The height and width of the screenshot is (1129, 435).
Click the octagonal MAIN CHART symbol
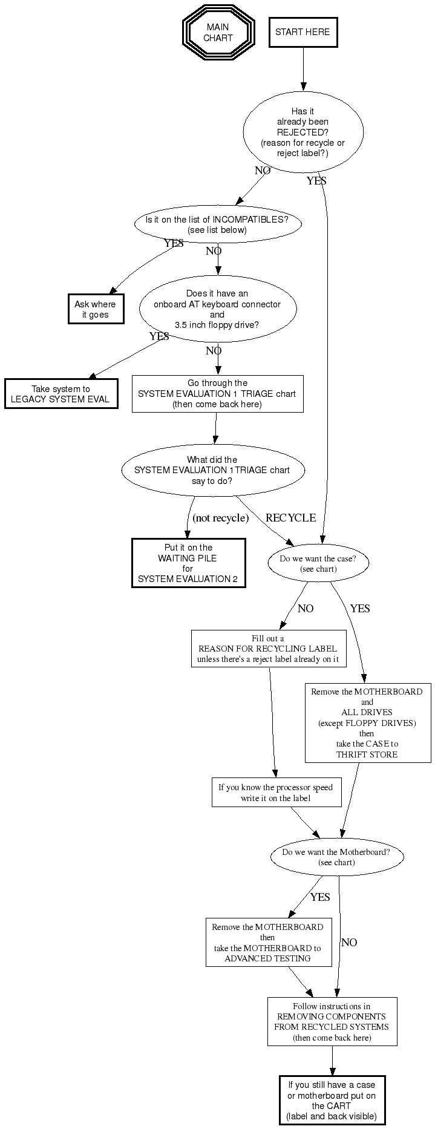point(218,33)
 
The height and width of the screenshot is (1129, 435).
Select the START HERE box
point(303,32)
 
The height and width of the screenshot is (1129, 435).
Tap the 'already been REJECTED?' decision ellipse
point(303,132)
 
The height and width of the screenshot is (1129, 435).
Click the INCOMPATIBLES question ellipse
point(217,224)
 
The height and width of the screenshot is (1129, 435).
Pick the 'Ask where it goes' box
point(96,309)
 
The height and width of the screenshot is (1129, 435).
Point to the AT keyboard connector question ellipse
point(217,309)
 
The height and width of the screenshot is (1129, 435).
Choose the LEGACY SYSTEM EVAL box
point(61,394)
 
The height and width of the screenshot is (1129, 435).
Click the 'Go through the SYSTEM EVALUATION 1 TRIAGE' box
point(217,394)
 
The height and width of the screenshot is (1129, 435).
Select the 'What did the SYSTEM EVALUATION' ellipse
point(212,470)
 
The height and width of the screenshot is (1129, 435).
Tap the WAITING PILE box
point(188,563)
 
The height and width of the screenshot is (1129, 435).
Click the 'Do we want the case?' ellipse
point(318,564)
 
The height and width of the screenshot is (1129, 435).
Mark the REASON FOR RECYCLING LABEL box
point(268,649)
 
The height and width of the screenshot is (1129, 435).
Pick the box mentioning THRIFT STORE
point(367,722)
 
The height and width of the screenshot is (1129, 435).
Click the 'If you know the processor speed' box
point(275,793)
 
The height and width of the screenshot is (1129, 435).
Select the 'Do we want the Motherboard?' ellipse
point(336,857)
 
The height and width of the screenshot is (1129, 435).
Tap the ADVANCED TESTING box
point(268,942)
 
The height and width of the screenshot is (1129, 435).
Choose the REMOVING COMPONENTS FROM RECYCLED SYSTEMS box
point(332,1021)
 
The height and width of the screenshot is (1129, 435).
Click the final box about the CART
point(332,1101)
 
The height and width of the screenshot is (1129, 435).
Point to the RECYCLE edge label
point(290,518)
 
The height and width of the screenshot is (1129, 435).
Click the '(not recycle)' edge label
point(220,518)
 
